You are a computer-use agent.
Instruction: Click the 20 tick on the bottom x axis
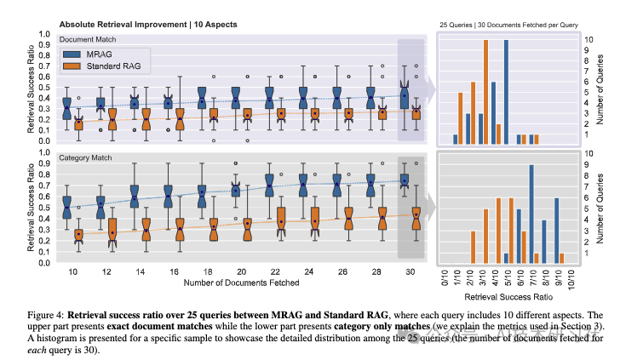click(x=242, y=271)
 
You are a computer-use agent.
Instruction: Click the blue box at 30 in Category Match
click(x=404, y=180)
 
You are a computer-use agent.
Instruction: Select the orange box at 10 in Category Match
click(x=78, y=235)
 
